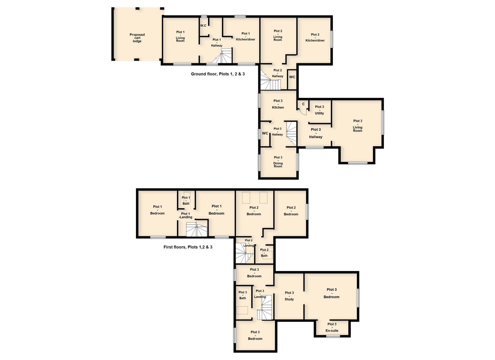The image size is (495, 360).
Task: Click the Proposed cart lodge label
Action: [x=137, y=38]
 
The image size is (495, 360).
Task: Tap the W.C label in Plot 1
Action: [x=203, y=26]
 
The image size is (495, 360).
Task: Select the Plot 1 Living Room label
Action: [x=180, y=36]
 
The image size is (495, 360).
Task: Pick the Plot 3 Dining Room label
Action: [x=278, y=162]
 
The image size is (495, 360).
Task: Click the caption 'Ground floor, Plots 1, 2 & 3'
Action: [x=218, y=74]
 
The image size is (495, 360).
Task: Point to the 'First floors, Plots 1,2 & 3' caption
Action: [x=188, y=247]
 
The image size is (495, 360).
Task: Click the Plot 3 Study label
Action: [x=289, y=296]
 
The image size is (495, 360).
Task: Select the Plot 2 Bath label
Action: [x=264, y=253]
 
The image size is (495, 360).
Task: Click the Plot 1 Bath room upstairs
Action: [x=187, y=200]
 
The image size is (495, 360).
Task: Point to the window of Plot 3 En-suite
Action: [x=333, y=336]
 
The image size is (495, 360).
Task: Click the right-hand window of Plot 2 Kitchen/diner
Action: [x=332, y=39]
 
